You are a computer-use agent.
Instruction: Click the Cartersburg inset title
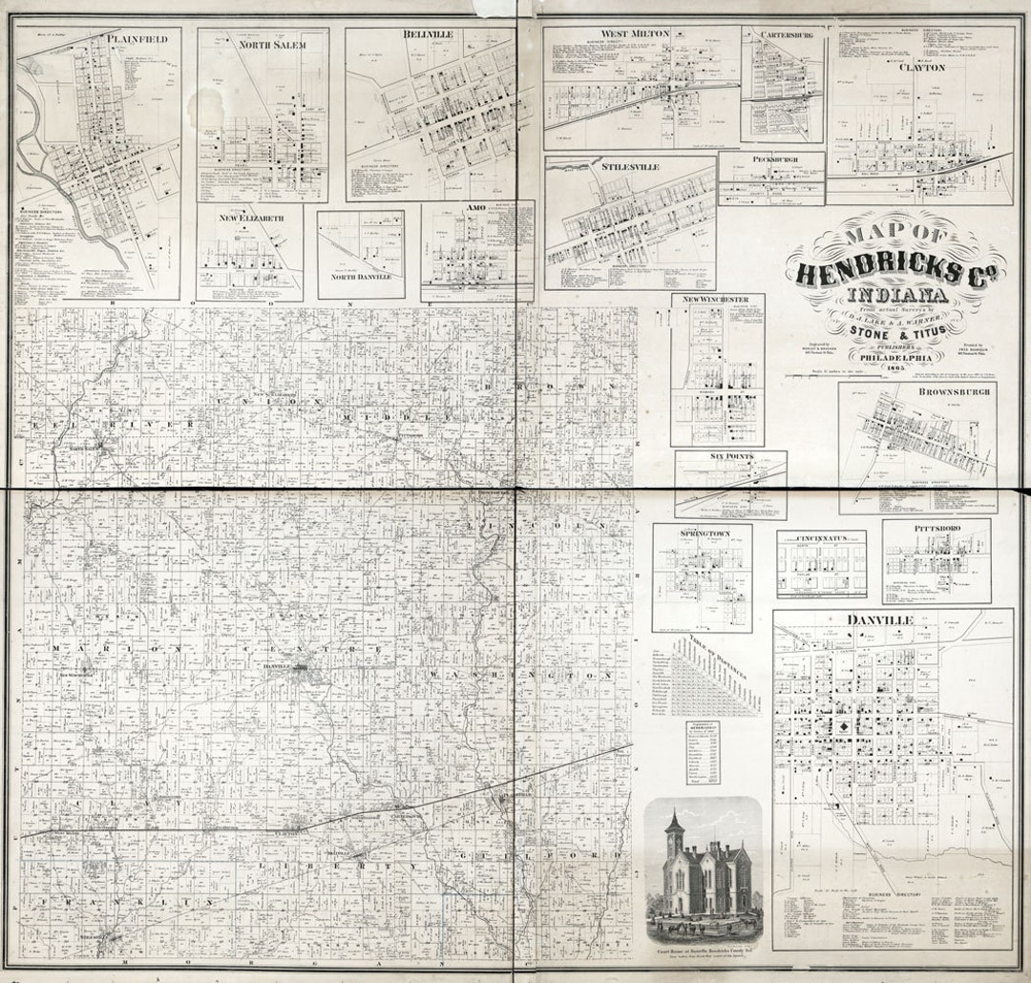tap(786, 34)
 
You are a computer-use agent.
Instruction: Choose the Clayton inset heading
tap(920, 68)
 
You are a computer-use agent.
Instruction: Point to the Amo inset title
tap(476, 207)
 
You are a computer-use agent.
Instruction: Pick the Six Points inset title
tap(730, 457)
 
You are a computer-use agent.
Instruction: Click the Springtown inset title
tap(703, 531)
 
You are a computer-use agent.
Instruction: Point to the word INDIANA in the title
tap(894, 294)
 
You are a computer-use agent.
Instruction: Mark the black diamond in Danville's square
tap(847, 726)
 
